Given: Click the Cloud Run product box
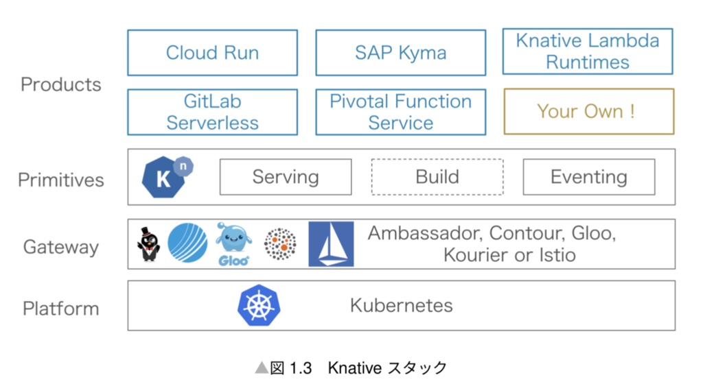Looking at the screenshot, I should click(212, 53).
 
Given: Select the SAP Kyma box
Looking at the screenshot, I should click(400, 53).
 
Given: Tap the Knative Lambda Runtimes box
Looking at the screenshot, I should click(588, 51).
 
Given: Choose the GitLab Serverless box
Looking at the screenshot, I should click(212, 112).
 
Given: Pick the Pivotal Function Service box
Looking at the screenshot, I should click(400, 112).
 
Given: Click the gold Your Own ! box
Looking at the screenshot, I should click(588, 111).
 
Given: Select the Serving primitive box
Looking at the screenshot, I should click(286, 177).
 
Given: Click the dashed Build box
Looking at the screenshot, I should click(437, 177).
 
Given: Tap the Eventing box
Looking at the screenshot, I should click(589, 177).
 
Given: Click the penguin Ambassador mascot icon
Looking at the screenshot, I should click(148, 244).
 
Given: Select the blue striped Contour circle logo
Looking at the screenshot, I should click(187, 243).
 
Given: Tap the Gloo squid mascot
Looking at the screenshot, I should click(233, 243).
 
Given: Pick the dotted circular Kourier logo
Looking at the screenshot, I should click(280, 244).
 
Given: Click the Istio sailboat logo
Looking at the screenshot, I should click(331, 244).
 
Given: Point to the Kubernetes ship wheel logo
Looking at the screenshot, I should click(259, 305).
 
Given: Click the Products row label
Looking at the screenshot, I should click(61, 84).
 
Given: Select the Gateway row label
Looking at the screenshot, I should click(61, 247).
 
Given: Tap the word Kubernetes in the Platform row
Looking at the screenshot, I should click(401, 305).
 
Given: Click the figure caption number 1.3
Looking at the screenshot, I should click(301, 368).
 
